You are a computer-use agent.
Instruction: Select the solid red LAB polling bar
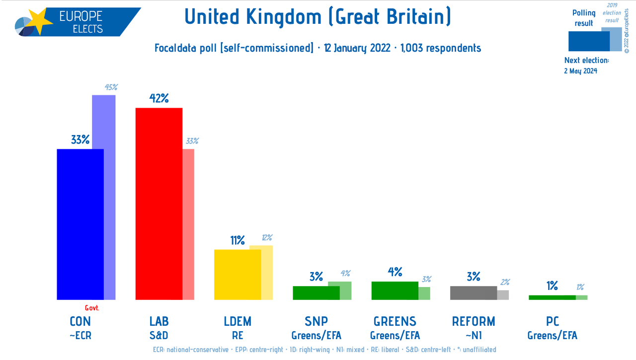[x=159, y=204]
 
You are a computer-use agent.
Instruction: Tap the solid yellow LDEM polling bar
[x=237, y=275]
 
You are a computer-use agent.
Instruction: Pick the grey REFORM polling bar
[x=473, y=292]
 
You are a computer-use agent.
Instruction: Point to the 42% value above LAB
[x=159, y=98]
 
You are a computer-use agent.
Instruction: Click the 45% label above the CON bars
[x=111, y=87]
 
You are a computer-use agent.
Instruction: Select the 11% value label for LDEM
[x=238, y=240]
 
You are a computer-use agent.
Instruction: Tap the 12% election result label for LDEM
[x=266, y=238]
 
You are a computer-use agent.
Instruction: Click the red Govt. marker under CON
[x=92, y=308]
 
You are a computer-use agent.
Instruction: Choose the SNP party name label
[x=316, y=321]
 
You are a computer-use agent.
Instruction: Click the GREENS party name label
[x=395, y=321]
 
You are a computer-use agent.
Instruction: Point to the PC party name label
[x=552, y=321]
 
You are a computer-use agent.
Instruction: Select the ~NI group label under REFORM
[x=473, y=336]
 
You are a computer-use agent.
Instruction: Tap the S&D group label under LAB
[x=159, y=336]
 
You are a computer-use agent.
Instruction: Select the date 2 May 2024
[x=580, y=71]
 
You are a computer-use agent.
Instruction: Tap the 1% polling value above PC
[x=552, y=286]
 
